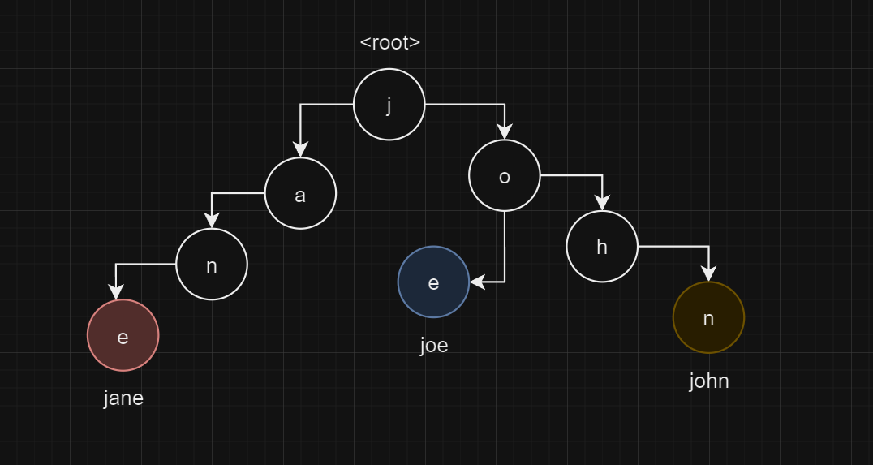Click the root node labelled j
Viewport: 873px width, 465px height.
(x=389, y=105)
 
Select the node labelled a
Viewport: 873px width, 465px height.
(x=300, y=194)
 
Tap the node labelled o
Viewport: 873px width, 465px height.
(x=505, y=176)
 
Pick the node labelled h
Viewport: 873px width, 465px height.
(x=602, y=247)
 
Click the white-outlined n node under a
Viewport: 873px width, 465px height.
(x=212, y=265)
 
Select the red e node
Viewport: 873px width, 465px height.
(x=123, y=335)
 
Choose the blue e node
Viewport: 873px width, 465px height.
(x=433, y=282)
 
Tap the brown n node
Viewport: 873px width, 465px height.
(x=708, y=317)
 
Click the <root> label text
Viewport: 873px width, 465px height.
(x=390, y=43)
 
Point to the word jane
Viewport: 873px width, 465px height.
(x=123, y=398)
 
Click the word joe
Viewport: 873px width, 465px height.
(x=434, y=345)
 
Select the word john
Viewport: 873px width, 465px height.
(x=709, y=381)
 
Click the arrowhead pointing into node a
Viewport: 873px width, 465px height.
(x=300, y=150)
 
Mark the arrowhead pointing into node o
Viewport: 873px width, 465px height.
(x=505, y=132)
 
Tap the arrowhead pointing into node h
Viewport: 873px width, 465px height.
(x=602, y=204)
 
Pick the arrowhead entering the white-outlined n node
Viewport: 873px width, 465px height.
(x=212, y=221)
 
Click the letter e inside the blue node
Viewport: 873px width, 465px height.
(x=433, y=282)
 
